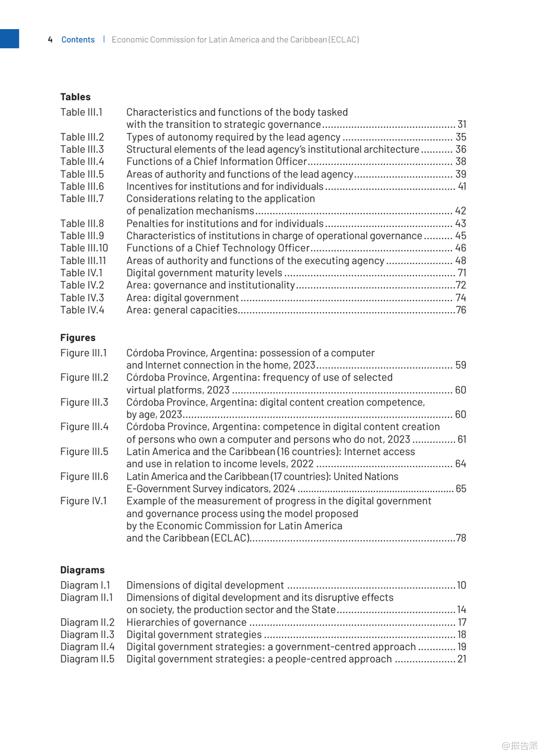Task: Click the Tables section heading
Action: click(x=75, y=97)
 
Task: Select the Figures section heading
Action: click(x=78, y=338)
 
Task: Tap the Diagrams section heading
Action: click(x=82, y=570)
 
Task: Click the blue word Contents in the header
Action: click(x=78, y=40)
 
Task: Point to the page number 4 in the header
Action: click(x=50, y=40)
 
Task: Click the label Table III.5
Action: click(x=82, y=174)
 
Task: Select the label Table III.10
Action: click(x=84, y=248)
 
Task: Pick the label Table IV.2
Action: click(x=82, y=285)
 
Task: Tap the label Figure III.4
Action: click(x=84, y=427)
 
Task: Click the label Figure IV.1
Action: click(x=83, y=501)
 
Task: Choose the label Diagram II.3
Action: click(x=87, y=635)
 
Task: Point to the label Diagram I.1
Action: click(x=85, y=585)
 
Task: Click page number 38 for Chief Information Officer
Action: click(x=461, y=161)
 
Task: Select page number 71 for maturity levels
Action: click(x=462, y=273)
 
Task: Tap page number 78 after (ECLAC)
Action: click(x=461, y=538)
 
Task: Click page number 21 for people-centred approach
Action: click(x=462, y=659)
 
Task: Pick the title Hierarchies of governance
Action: click(x=186, y=622)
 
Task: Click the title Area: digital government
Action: click(x=182, y=298)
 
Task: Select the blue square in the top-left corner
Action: click(x=9, y=39)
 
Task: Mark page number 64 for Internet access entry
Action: click(x=461, y=464)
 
